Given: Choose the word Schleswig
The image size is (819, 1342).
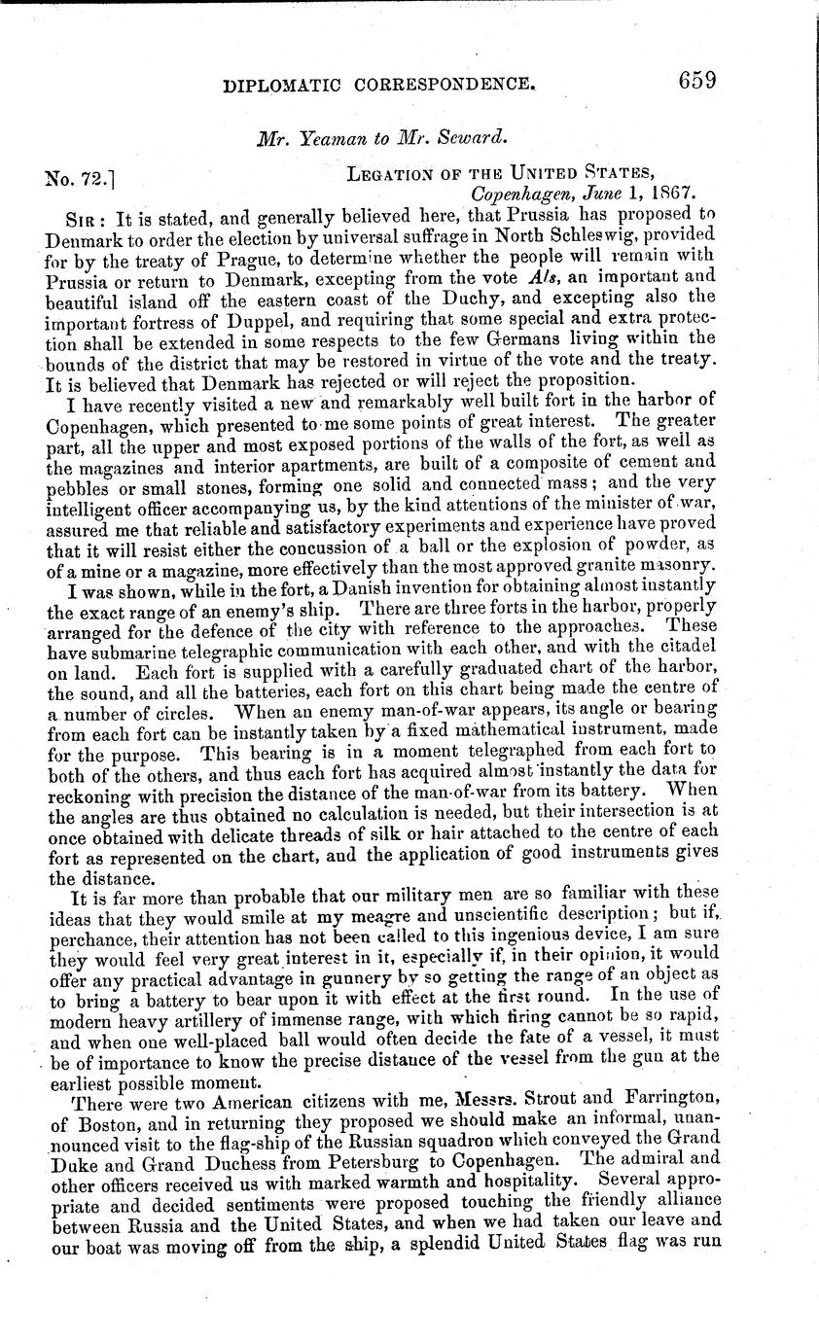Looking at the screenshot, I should click(x=588, y=237).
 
